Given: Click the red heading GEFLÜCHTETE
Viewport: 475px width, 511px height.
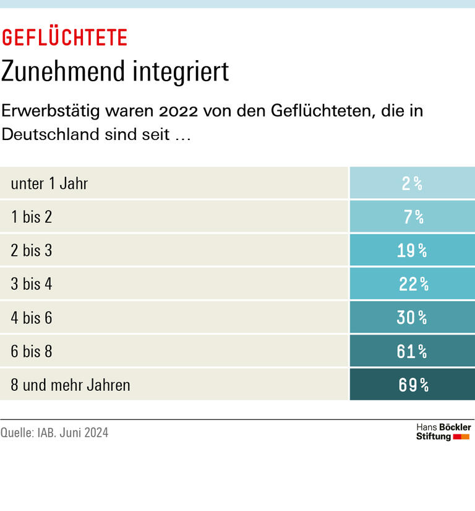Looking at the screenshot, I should click(x=64, y=38).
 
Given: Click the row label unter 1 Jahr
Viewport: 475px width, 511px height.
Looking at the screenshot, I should click(x=49, y=183).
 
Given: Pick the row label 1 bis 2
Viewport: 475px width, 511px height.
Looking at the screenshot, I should click(x=32, y=217).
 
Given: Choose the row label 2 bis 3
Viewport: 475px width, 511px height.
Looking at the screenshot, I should click(x=32, y=250).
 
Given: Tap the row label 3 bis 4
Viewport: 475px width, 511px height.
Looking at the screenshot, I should click(x=32, y=284).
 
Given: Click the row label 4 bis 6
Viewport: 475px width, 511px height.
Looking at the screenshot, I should click(x=32, y=318).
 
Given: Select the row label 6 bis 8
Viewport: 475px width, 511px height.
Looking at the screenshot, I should click(x=32, y=351).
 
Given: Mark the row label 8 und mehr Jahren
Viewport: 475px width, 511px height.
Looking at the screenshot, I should click(x=71, y=385).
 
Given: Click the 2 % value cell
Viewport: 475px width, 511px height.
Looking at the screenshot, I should click(x=412, y=183).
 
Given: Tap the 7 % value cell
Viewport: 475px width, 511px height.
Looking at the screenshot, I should click(x=412, y=217).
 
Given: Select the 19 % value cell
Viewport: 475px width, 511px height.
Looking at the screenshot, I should click(x=412, y=250).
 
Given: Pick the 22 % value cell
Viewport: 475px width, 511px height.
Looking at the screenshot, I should click(x=412, y=284).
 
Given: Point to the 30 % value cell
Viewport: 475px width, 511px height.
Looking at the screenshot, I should click(x=412, y=318).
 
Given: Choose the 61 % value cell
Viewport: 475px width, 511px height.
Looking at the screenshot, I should click(x=412, y=351).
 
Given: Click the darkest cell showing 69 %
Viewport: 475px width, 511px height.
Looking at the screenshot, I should click(x=412, y=385).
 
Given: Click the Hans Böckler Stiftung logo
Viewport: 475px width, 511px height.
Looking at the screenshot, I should click(x=443, y=432).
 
